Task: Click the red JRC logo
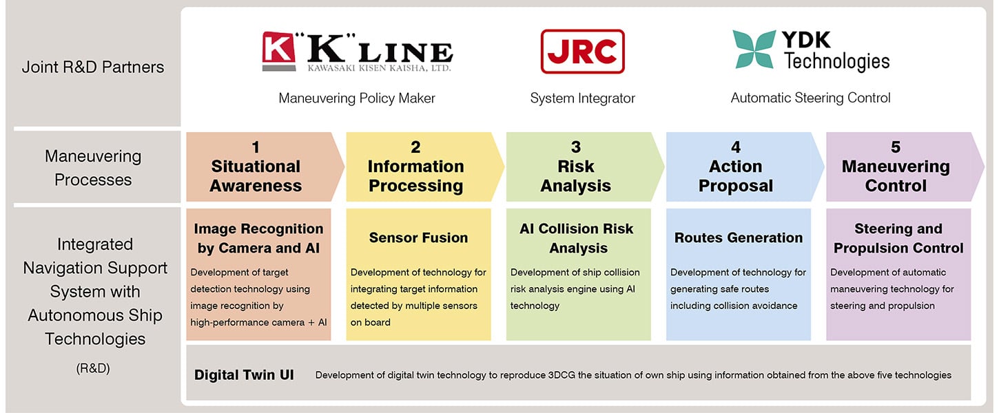[582, 52]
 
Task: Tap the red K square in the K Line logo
[277, 52]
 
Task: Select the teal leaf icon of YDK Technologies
[754, 49]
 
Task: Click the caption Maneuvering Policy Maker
[357, 98]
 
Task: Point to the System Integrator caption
[582, 98]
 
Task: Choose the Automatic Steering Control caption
[810, 98]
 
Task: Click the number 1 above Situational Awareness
[256, 147]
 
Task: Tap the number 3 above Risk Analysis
[576, 147]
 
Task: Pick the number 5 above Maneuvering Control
[896, 147]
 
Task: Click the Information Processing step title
[415, 176]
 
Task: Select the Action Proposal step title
[736, 176]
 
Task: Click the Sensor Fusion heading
[418, 237]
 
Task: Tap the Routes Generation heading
[738, 237]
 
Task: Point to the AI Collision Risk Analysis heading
[576, 238]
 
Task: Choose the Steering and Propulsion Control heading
[898, 238]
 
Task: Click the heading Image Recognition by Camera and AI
[258, 238]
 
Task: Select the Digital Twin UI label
[244, 375]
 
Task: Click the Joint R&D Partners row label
[93, 67]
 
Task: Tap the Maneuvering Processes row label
[93, 168]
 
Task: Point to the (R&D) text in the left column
[93, 368]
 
